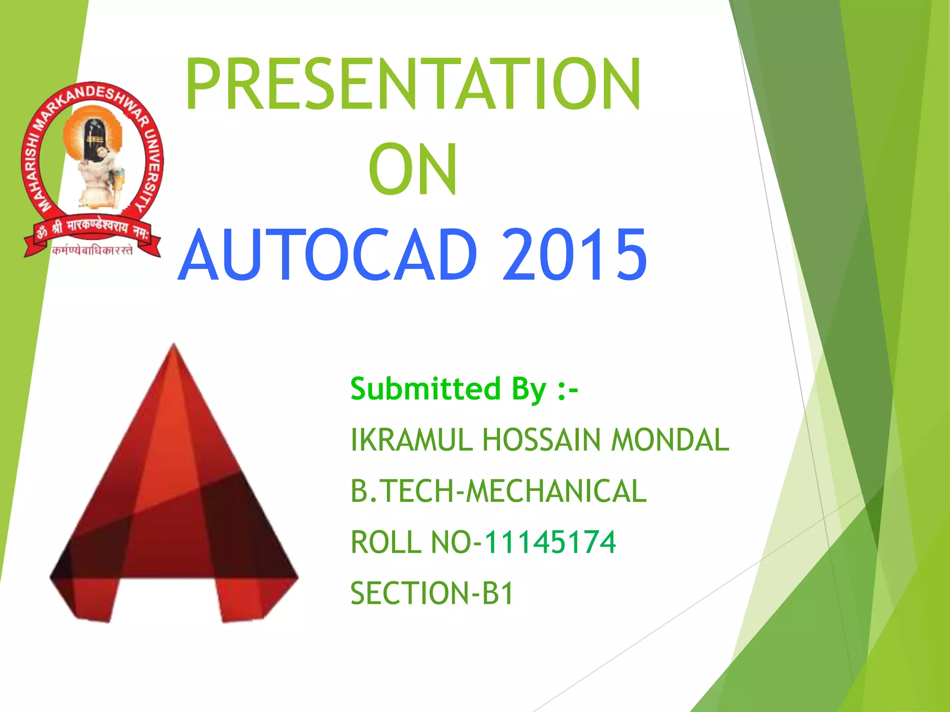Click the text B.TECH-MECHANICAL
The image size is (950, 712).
(x=498, y=491)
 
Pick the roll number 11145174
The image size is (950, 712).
(x=550, y=542)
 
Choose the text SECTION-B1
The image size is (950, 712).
(x=432, y=593)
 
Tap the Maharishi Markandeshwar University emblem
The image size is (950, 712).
(x=93, y=169)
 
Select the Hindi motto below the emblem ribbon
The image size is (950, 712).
(x=93, y=251)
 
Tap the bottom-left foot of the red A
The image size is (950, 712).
(x=93, y=603)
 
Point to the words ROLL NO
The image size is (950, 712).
(x=411, y=542)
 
